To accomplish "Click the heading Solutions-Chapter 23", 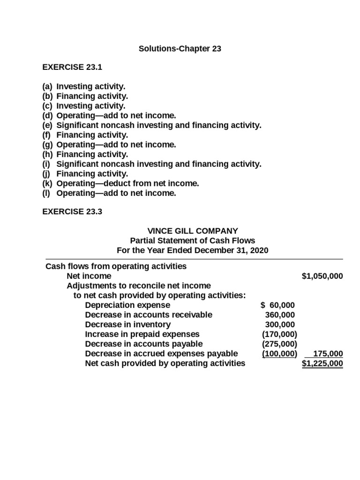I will (180, 49).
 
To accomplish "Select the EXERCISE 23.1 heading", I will (72, 67).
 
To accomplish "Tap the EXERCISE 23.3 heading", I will (72, 212).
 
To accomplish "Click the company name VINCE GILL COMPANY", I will (193, 231).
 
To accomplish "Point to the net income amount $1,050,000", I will (322, 276).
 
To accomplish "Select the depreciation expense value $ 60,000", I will (277, 305).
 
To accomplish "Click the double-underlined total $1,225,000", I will (322, 363).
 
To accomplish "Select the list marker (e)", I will (48, 126).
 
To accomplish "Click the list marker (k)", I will (48, 183).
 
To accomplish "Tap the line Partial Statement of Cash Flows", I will (193, 240).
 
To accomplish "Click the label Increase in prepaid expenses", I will (142, 334).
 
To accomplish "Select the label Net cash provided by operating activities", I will (165, 363).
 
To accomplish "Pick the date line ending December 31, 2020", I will (193, 250).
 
